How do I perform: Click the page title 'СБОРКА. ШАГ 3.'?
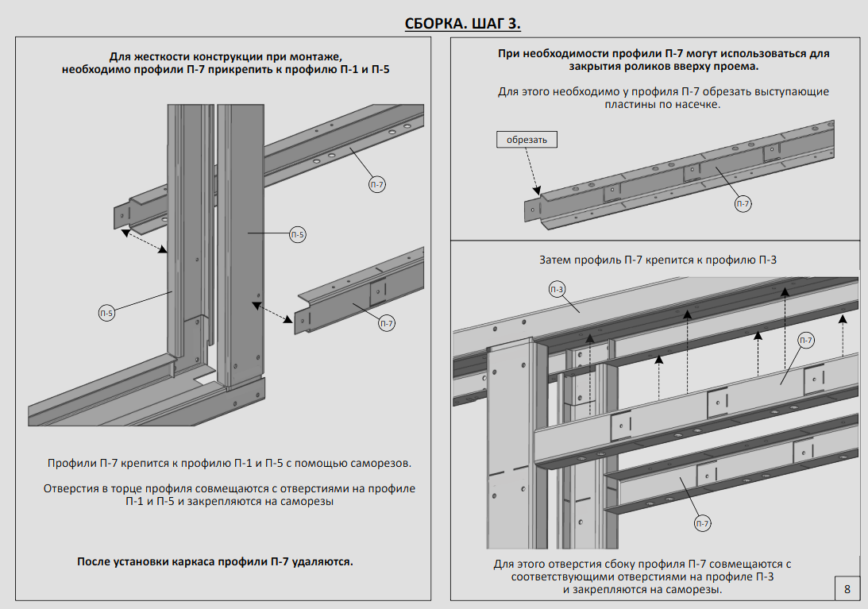(x=463, y=23)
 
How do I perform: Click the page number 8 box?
(x=847, y=589)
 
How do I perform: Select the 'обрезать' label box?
(x=527, y=140)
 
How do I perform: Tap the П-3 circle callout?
(x=557, y=290)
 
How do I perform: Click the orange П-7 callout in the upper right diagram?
(x=743, y=204)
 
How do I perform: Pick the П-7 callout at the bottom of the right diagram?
(x=703, y=523)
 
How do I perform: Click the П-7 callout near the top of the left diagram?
(x=377, y=185)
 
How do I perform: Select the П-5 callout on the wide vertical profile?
(x=298, y=234)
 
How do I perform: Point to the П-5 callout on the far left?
(x=106, y=313)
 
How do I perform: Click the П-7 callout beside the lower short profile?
(x=387, y=323)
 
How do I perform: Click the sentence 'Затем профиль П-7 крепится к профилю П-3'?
(x=658, y=260)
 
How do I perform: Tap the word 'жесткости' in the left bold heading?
(x=156, y=56)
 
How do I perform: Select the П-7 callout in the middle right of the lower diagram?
(x=806, y=341)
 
